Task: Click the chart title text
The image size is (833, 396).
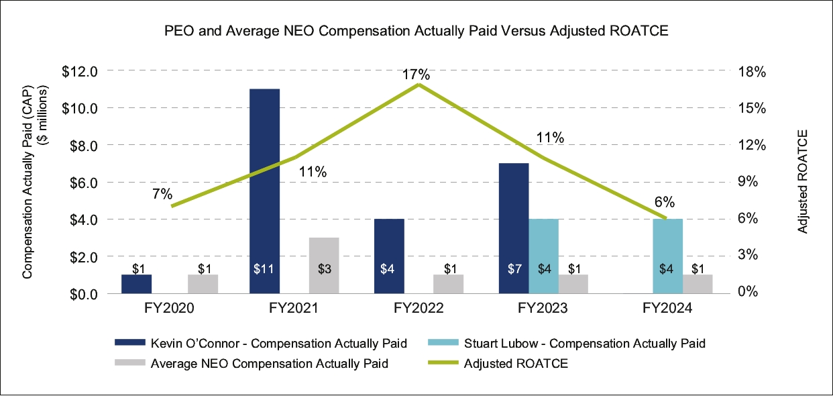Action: [416, 32]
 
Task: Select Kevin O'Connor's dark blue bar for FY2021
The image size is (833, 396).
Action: [264, 191]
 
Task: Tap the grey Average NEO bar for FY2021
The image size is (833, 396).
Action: [324, 265]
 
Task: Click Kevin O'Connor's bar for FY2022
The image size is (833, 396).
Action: [390, 256]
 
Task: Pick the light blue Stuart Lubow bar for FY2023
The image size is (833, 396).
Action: [544, 256]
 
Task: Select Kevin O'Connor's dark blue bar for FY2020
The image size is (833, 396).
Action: [137, 284]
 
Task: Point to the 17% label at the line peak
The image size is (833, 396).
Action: [416, 75]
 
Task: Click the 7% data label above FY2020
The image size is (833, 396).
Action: [162, 195]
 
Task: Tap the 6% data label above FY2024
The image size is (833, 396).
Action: [664, 203]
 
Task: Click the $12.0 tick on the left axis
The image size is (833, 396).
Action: [80, 71]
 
